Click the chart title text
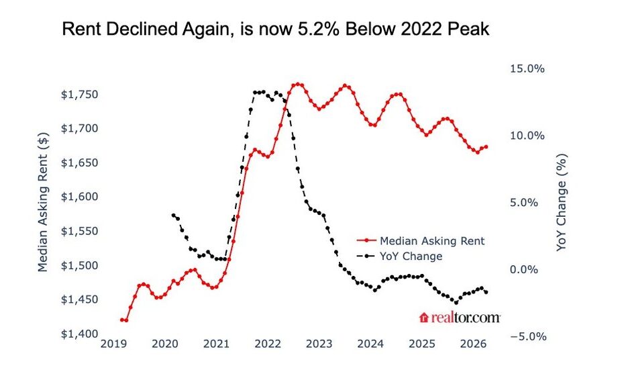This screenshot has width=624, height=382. pos(275,30)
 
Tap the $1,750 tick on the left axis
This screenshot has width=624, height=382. pos(79,95)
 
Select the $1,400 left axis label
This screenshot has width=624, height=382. pos(79,334)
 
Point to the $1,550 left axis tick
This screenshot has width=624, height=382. pos(79,232)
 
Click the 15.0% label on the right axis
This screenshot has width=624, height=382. pos(527,69)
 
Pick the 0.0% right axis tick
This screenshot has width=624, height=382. pos(524,270)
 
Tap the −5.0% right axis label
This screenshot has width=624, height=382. pos(528,337)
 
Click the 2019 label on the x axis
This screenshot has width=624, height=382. pos(113,344)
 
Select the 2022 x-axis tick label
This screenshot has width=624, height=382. pos(268,344)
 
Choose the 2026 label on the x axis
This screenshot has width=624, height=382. pos(473,344)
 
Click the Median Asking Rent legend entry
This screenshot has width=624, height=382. pos(421,241)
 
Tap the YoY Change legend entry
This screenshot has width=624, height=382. pos(399,256)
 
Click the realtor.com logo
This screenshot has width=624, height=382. pos(460,318)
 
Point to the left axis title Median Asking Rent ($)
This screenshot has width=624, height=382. pos(43,202)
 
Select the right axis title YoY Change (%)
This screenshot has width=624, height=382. pos(561,202)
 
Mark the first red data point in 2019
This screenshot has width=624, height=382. pos(121,320)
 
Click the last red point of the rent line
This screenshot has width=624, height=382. pos(486,147)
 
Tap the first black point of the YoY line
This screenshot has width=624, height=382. pos(174,216)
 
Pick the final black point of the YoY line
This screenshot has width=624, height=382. pos(486,293)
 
